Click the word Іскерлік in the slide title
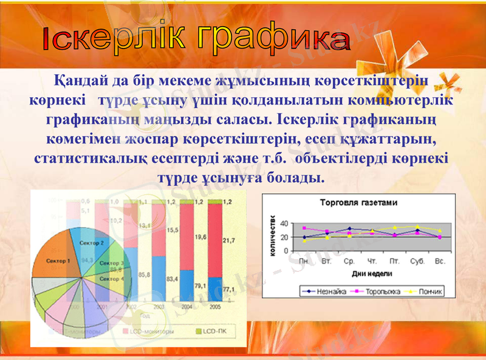pyautogui.click(x=112, y=39)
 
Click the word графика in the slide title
pyautogui.click(x=273, y=40)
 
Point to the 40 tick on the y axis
pyautogui.click(x=286, y=224)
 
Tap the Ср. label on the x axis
pyautogui.click(x=349, y=261)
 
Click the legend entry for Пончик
pyautogui.click(x=429, y=291)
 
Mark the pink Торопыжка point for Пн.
pyautogui.click(x=304, y=228)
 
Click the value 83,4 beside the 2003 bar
pyautogui.click(x=173, y=279)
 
